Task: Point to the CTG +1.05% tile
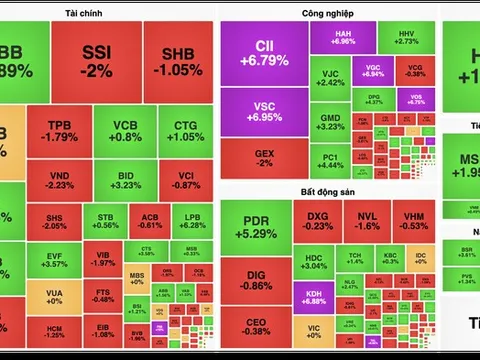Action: click(185, 131)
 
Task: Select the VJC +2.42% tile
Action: click(331, 79)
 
